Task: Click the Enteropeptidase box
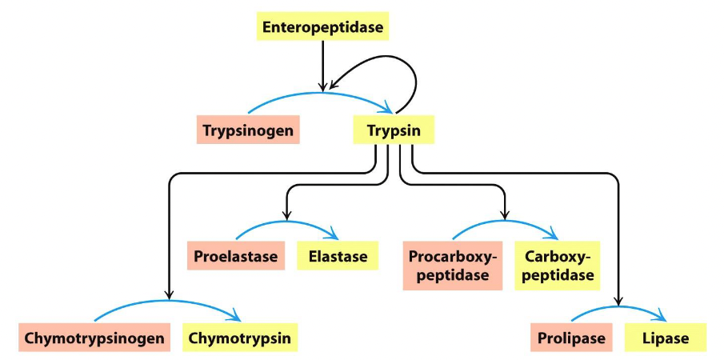[323, 28]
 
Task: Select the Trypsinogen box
[249, 130]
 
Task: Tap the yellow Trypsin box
[394, 130]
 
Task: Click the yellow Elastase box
[337, 257]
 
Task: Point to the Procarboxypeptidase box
[453, 266]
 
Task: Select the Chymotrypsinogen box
[94, 338]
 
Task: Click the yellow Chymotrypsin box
[240, 338]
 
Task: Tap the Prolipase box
[568, 338]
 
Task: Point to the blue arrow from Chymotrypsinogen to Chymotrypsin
[168, 302]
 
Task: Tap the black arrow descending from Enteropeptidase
[322, 64]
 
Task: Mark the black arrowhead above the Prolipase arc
[619, 301]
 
